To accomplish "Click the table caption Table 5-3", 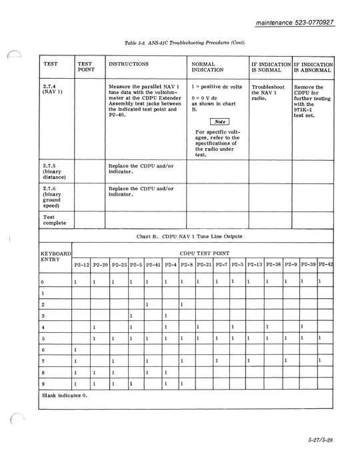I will pyautogui.click(x=185, y=43).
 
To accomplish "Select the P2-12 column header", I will pyautogui.click(x=81, y=266).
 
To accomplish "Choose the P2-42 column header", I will pyautogui.click(x=325, y=266).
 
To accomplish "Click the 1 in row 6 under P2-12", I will pyautogui.click(x=75, y=350).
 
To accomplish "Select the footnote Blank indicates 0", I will pyautogui.click(x=67, y=395).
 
